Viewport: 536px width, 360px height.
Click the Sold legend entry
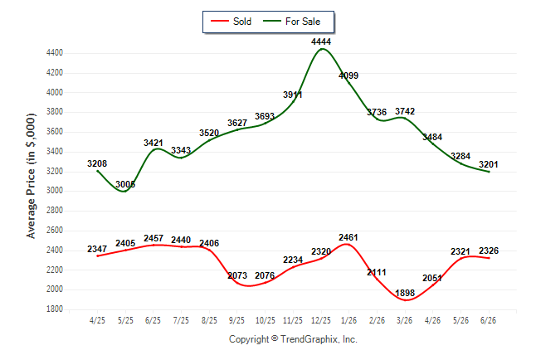(231, 22)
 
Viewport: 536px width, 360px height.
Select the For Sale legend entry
(291, 22)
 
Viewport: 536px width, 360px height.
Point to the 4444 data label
(321, 41)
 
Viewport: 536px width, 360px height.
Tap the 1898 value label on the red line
(405, 293)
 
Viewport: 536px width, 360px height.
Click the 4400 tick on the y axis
(55, 53)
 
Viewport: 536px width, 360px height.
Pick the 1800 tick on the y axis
(55, 309)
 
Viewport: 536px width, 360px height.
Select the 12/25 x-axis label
(321, 320)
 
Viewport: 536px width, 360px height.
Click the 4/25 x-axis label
(97, 320)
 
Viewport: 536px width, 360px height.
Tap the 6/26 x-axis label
(488, 320)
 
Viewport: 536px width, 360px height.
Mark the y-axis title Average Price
(31, 176)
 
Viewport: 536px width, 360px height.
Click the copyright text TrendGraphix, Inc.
(319, 339)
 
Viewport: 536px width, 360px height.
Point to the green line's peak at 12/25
(322, 49)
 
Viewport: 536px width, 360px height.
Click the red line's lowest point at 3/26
(406, 300)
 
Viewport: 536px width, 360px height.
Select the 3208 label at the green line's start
(97, 163)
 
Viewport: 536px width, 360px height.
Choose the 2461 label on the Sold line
(348, 237)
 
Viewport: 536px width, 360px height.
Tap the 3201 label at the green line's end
(489, 164)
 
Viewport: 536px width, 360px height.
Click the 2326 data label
(489, 251)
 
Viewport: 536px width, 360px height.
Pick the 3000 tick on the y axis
(55, 191)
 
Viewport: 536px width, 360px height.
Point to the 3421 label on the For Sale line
(153, 143)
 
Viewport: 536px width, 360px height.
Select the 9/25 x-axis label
(236, 320)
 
